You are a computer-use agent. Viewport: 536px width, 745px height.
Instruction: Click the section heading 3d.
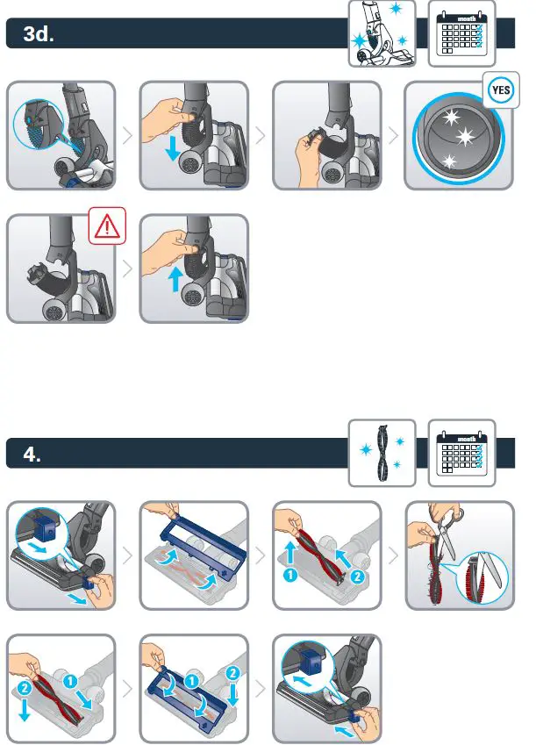pos(39,33)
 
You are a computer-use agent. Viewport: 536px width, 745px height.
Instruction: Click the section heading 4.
pos(32,455)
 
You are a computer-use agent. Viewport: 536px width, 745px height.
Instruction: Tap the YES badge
pos(501,90)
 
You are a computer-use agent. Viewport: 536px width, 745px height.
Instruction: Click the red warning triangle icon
pos(107,226)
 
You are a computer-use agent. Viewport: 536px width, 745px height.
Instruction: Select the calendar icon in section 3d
pos(461,33)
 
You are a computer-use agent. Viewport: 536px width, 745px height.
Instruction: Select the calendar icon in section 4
pos(461,453)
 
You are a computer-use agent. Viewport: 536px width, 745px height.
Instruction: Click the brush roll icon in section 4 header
pos(382,453)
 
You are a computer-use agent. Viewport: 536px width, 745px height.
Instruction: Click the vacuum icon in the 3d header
pos(382,33)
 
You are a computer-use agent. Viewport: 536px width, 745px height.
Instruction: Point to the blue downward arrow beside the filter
pos(173,148)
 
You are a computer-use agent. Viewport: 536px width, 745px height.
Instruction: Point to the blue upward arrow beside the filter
pos(175,279)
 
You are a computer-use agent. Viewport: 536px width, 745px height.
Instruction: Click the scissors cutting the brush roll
pos(446,531)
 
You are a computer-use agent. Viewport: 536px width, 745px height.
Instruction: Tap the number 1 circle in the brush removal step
pos(289,575)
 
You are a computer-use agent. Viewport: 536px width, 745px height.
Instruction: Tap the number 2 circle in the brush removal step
pos(357,577)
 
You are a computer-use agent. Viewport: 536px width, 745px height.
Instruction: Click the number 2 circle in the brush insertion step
pos(25,687)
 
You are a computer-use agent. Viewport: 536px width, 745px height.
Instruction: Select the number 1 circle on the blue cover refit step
pos(191,681)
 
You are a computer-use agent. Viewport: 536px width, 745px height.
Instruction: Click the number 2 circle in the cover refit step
pos(232,673)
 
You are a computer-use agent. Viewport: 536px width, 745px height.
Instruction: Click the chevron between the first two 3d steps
pos(127,136)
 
